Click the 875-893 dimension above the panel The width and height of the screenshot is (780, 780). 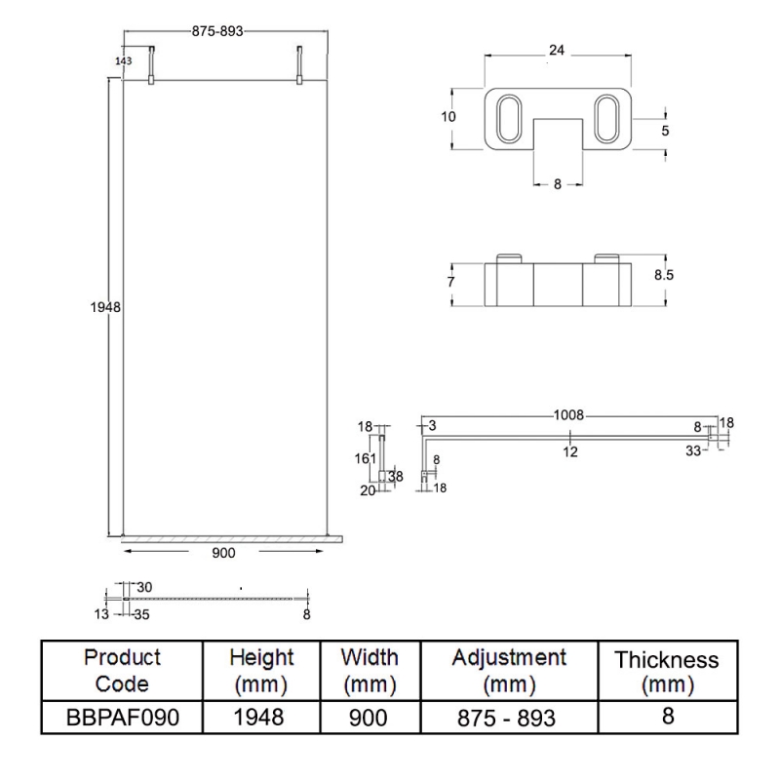[x=216, y=30]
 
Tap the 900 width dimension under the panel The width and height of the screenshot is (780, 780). [x=222, y=552]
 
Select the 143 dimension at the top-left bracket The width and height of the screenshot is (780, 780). [x=123, y=60]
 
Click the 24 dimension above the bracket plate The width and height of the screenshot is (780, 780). [x=556, y=50]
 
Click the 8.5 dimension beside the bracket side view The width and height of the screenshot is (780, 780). [x=664, y=275]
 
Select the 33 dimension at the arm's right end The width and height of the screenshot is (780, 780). [x=692, y=450]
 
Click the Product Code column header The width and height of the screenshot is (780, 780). [x=122, y=669]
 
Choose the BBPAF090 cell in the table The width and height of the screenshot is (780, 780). [x=122, y=719]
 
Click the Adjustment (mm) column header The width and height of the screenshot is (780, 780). [x=509, y=669]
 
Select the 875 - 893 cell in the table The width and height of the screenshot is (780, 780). [x=509, y=719]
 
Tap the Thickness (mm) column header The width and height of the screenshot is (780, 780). [x=667, y=673]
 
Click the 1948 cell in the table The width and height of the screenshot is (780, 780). [x=260, y=719]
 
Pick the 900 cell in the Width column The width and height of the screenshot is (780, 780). [x=369, y=719]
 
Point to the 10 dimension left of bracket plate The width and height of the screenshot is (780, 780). [x=448, y=116]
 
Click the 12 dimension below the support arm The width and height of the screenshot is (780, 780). [x=569, y=450]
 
